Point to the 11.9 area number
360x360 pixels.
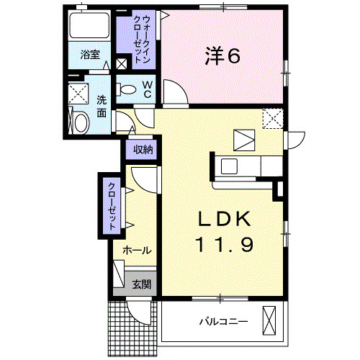(222, 245)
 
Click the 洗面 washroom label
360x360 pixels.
(102, 107)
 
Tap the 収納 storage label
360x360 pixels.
(143, 150)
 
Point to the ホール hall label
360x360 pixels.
(136, 251)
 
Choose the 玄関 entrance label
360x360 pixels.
(141, 284)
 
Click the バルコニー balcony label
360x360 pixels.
(223, 321)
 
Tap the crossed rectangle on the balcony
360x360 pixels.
(270, 319)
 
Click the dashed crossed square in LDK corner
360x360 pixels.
(273, 117)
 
